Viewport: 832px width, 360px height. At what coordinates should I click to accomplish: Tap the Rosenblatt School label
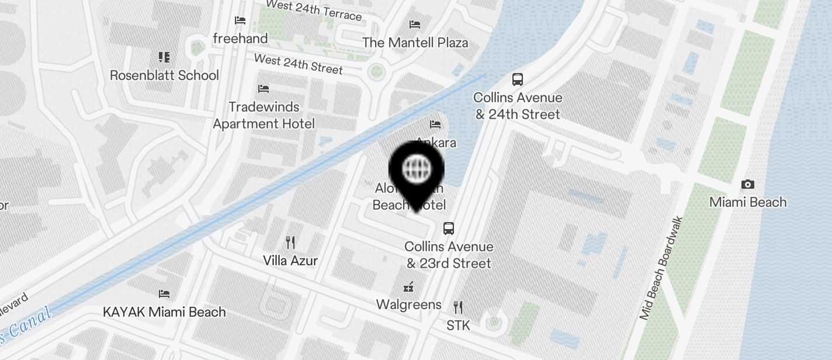164,75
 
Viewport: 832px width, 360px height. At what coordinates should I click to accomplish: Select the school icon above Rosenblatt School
164,57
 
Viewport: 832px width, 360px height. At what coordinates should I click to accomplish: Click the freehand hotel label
240,39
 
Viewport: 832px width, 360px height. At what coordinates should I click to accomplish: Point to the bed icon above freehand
240,20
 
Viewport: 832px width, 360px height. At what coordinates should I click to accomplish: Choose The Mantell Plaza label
415,43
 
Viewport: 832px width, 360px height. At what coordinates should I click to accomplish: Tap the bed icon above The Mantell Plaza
415,25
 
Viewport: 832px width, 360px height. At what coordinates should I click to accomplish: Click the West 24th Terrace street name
314,10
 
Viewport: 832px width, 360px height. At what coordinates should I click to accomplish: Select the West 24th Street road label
298,64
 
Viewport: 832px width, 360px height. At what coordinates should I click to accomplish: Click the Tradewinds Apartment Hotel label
264,115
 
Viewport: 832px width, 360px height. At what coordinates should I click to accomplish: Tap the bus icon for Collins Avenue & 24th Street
517,79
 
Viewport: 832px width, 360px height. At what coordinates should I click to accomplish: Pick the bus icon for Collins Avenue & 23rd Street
449,229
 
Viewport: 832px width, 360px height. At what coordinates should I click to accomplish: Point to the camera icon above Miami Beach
747,185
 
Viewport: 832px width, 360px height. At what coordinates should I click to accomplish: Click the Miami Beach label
748,202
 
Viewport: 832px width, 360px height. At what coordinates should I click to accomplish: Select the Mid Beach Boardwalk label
661,268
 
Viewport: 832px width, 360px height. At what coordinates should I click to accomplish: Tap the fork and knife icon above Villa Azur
290,242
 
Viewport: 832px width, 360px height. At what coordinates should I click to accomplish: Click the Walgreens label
409,304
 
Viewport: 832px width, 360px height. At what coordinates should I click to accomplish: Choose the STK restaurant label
458,326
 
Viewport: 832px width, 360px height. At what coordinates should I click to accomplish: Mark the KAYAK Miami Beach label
164,311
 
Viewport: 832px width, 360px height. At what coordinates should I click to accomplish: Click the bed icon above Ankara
435,124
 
